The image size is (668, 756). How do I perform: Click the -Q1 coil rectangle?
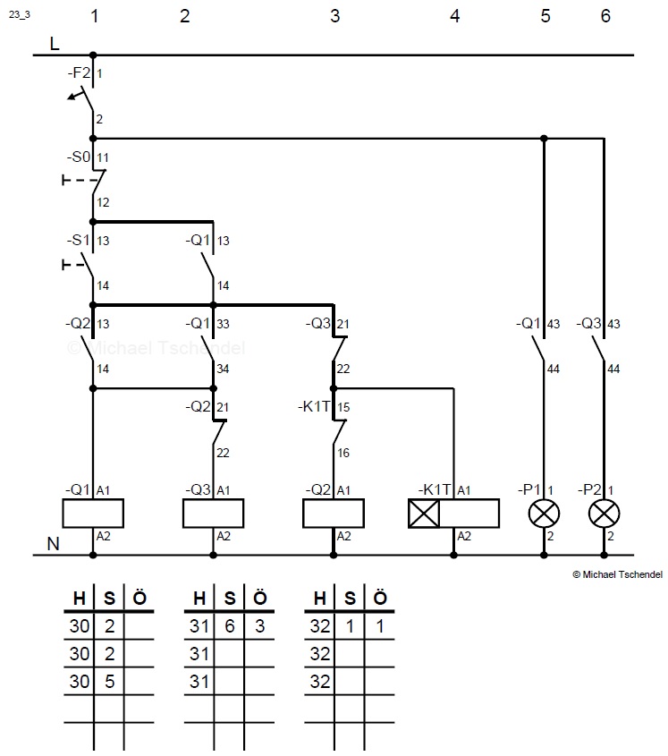pos(92,513)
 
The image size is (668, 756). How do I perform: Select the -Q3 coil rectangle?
pos(213,513)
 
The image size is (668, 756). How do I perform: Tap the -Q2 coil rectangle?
pos(334,513)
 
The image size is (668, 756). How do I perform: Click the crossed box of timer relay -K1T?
pos(423,513)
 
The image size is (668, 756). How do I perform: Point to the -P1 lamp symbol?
pos(543,513)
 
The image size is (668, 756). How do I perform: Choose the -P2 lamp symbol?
pos(604,513)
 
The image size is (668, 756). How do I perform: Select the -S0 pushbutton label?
pos(78,157)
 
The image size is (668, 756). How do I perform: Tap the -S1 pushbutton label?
pos(78,240)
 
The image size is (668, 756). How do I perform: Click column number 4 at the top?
pos(454,16)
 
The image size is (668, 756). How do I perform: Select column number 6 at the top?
pos(605,16)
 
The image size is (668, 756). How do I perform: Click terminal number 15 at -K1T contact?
pos(345,407)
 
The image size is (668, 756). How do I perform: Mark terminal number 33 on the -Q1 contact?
pos(224,324)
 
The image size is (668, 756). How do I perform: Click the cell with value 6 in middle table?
pos(229,627)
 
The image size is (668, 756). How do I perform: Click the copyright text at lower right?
pos(617,575)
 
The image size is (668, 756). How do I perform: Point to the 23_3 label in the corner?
pos(19,14)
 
